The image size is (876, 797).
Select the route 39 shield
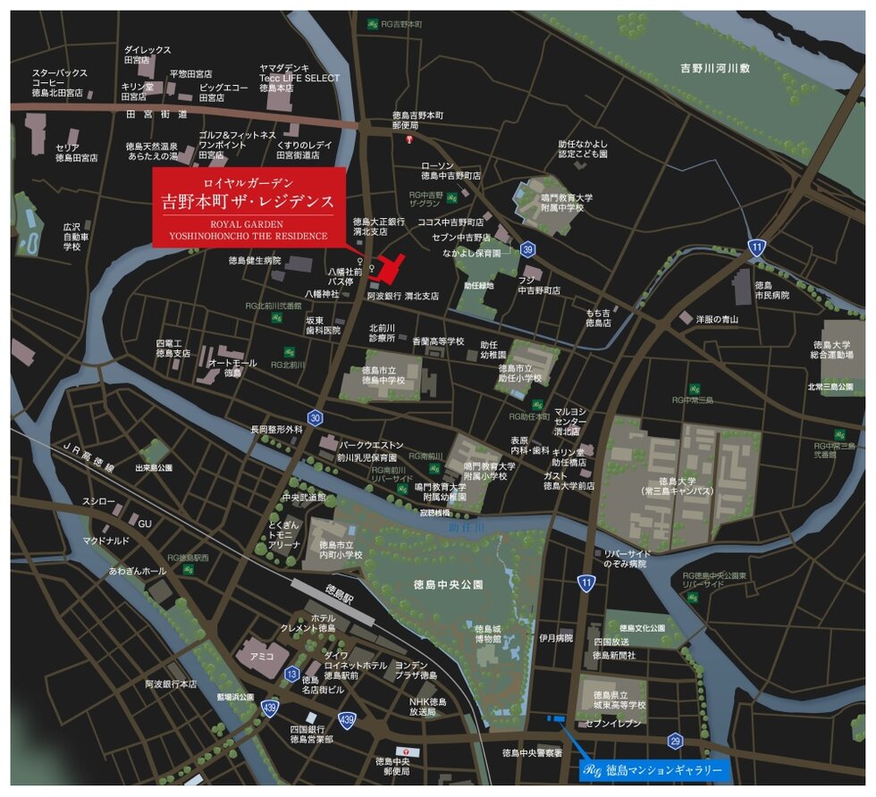529,249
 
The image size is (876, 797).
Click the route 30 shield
314,417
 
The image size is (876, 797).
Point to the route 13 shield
291,674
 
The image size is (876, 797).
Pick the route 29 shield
675,740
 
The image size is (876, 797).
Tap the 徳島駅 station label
341,591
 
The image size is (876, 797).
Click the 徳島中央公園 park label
448,584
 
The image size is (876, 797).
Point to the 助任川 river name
464,527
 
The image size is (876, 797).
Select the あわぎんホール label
137,570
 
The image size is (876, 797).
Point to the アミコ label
262,655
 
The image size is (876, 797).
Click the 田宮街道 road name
157,114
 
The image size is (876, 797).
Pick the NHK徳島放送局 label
427,707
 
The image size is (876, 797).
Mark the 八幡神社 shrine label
322,293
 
